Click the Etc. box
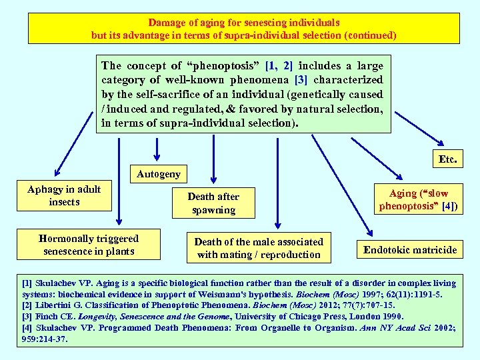447,160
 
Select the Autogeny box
158,175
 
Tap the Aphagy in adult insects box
64,195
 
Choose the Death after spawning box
213,203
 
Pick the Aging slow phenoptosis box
419,200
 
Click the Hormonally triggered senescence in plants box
89,245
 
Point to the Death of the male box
259,248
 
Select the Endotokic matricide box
410,250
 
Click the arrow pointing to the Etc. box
437,141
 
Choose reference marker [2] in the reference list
28,305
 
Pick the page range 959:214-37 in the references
44,339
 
